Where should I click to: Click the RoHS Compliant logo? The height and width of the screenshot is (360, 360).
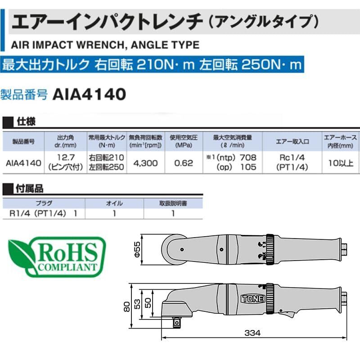57,256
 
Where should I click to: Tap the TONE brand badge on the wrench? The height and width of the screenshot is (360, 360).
253,298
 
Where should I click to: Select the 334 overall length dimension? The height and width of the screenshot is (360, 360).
252,333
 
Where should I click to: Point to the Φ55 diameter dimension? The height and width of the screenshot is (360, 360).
137,249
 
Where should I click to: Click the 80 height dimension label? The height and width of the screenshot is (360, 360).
126,306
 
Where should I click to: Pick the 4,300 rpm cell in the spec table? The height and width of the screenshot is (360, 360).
145,163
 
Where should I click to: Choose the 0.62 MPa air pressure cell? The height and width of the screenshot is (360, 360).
184,163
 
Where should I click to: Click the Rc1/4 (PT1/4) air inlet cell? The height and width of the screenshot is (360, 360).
292,162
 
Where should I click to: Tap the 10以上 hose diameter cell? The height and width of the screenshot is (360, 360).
341,163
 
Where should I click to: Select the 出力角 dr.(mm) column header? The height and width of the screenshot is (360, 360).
65,141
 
